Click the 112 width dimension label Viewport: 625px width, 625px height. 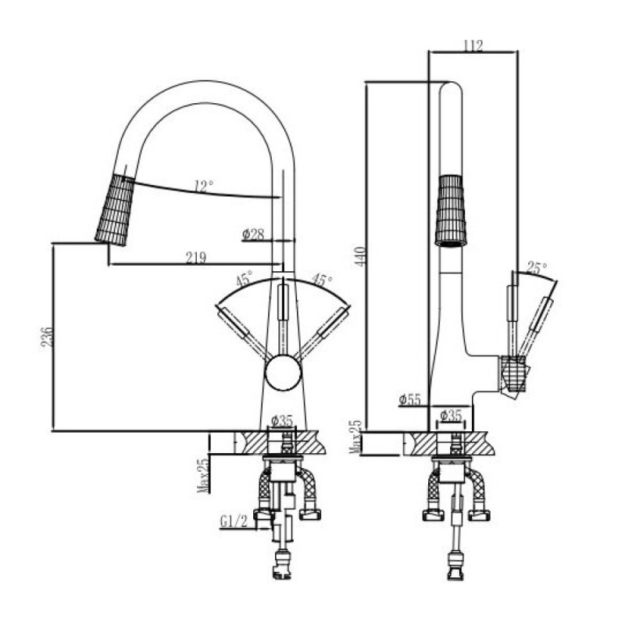pyautogui.click(x=473, y=45)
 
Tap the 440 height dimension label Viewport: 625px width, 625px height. pyautogui.click(x=360, y=257)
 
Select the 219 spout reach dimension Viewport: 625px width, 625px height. pyautogui.click(x=196, y=258)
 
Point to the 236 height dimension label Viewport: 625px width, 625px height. pyautogui.click(x=47, y=337)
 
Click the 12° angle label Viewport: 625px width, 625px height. pyautogui.click(x=204, y=186)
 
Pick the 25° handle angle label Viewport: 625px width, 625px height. pyautogui.click(x=537, y=267)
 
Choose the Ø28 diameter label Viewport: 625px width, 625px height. pyautogui.click(x=253, y=234)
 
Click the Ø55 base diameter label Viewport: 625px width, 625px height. pyautogui.click(x=409, y=399)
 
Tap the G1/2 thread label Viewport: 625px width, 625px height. pyautogui.click(x=234, y=521)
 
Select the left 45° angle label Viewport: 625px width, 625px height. pyautogui.click(x=245, y=278)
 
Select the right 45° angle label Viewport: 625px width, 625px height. pyautogui.click(x=322, y=280)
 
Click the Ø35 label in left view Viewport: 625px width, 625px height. pyautogui.click(x=282, y=420)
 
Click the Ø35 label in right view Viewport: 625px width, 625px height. pyautogui.click(x=451, y=416)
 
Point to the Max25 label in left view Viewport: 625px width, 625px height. pyautogui.click(x=203, y=476)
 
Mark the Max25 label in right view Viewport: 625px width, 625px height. pyautogui.click(x=355, y=437)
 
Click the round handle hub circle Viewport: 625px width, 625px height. pyautogui.click(x=284, y=373)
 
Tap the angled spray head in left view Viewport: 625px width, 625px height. pyautogui.click(x=115, y=210)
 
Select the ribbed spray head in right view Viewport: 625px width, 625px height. pyautogui.click(x=451, y=210)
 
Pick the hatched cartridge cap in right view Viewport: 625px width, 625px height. pyautogui.click(x=512, y=375)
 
